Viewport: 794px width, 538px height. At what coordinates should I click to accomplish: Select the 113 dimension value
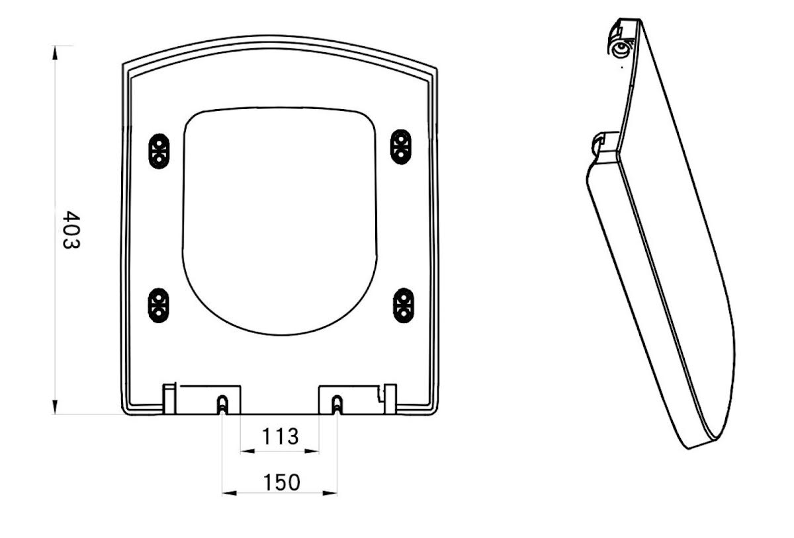pyautogui.click(x=280, y=436)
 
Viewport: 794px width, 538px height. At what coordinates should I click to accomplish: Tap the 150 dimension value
pyautogui.click(x=280, y=482)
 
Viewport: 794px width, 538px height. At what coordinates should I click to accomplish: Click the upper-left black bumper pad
pyautogui.click(x=158, y=151)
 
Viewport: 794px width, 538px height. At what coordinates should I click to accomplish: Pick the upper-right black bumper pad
pyautogui.click(x=400, y=147)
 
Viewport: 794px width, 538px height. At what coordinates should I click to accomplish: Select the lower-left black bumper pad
pyautogui.click(x=158, y=305)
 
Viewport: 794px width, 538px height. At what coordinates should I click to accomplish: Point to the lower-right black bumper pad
pyautogui.click(x=403, y=305)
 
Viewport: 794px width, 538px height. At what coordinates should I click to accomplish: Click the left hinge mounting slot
pyautogui.click(x=222, y=404)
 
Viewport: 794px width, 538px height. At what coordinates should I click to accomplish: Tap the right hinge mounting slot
pyautogui.click(x=337, y=404)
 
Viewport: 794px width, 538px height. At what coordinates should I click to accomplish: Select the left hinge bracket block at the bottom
pyautogui.click(x=202, y=399)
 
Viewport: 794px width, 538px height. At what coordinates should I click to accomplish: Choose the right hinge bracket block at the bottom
pyautogui.click(x=357, y=399)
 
